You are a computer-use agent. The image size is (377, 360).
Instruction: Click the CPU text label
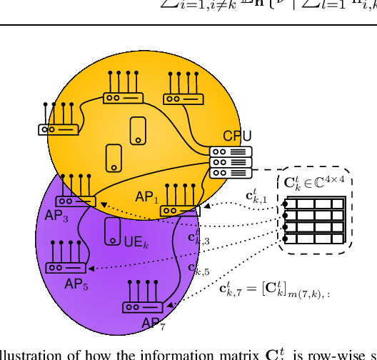237,136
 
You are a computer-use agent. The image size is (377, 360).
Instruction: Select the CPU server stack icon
231,162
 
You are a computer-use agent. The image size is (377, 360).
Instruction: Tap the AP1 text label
146,197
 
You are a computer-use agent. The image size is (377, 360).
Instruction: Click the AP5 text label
76,284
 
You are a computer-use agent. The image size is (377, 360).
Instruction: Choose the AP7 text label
154,324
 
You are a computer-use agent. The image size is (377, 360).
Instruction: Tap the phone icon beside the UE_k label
112,231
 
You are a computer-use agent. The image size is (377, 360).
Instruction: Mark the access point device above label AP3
75,201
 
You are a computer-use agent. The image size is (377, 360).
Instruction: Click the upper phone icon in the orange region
138,131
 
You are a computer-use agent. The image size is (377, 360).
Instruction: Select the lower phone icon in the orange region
114,158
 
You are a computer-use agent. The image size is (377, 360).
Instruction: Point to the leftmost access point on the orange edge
58,129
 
